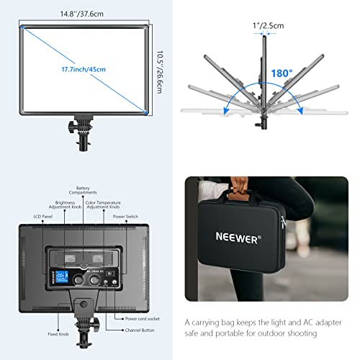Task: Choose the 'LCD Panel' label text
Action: click(32, 214)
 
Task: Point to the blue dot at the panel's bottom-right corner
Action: click(148, 112)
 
